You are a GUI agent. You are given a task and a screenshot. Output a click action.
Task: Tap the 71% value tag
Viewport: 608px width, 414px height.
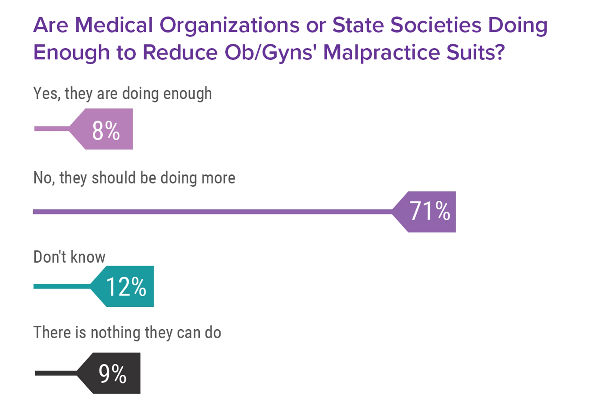(x=429, y=211)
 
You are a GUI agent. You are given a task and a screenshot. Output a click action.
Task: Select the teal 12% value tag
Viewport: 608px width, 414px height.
(x=126, y=286)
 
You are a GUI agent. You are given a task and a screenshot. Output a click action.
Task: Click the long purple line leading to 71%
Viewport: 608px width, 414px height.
(x=209, y=211)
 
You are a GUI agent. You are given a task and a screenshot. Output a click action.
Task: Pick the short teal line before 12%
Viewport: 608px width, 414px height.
(x=62, y=286)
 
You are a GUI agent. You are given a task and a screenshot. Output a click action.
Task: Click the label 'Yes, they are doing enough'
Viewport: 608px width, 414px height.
(x=122, y=94)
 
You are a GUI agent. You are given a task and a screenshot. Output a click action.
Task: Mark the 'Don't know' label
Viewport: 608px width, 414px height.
(x=69, y=257)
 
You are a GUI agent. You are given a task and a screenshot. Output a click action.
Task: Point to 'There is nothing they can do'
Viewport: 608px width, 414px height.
(x=127, y=333)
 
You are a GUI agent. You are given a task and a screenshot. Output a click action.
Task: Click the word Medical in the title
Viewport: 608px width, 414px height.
(x=114, y=25)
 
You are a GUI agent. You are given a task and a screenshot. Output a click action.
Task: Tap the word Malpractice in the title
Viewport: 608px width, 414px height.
(x=382, y=53)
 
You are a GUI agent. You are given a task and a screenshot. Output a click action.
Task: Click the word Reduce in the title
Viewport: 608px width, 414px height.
(x=180, y=53)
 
